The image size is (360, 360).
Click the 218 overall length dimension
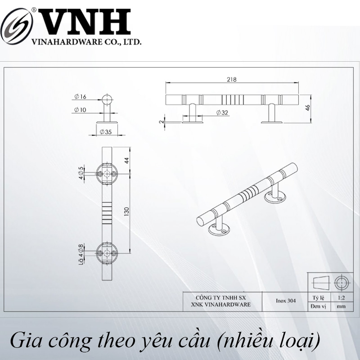pos(232,80)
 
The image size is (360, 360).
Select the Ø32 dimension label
pos(222,112)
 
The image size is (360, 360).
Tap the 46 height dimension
pos(308,108)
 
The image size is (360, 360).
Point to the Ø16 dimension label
pos(81,97)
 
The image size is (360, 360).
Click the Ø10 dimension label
pos(80,110)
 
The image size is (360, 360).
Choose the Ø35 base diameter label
pos(106,132)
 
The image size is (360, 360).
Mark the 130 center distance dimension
pos(126,211)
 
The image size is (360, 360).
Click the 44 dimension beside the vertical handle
pos(126,160)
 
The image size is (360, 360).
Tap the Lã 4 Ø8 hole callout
pos(81,255)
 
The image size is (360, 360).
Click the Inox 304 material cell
pos(286,301)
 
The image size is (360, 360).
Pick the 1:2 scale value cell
pos(342,298)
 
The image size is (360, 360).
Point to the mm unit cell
pos(342,306)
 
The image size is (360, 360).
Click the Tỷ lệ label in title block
pos(318,298)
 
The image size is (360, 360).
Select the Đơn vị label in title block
pos(318,306)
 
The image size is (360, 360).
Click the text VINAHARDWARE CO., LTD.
pos(86,42)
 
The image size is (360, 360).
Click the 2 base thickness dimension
pos(162,121)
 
